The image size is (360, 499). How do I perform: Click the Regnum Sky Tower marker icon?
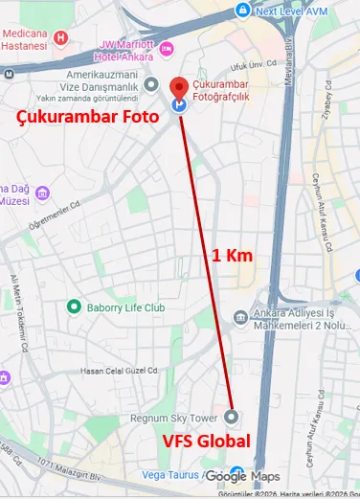pos(232,417)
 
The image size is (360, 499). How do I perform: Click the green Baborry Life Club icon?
pos(73,307)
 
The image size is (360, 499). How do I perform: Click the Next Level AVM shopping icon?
pos(242,11)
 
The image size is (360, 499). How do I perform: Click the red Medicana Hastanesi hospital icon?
pos(61,39)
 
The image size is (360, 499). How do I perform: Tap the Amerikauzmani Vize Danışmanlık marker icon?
pos(151,84)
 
